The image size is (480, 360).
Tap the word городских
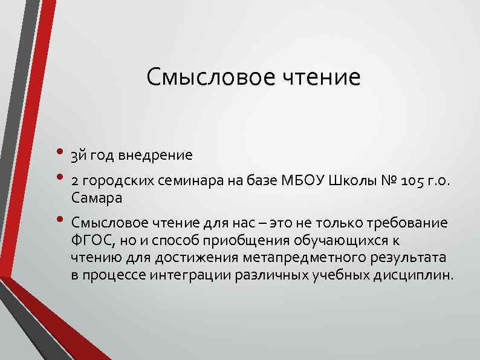point(122,180)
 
